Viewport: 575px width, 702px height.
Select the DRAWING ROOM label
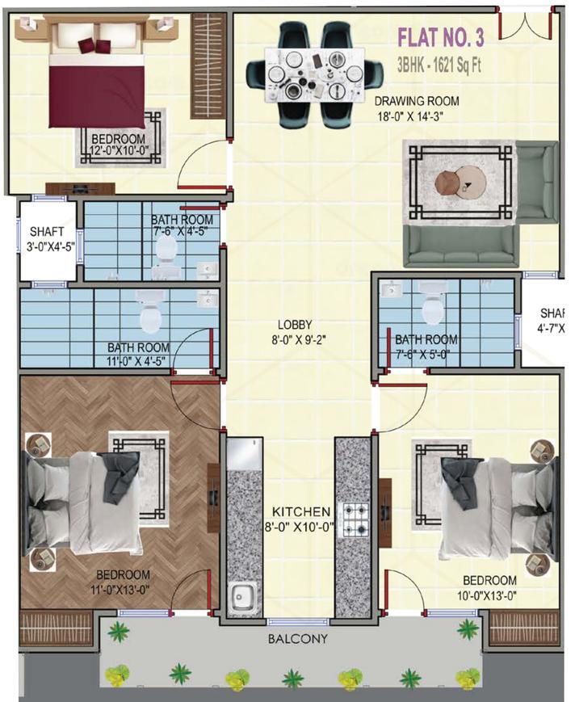416,101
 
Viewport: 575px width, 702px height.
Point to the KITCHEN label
300,511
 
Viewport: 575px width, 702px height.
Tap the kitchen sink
241,599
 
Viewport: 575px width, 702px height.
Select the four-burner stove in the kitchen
353,520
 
